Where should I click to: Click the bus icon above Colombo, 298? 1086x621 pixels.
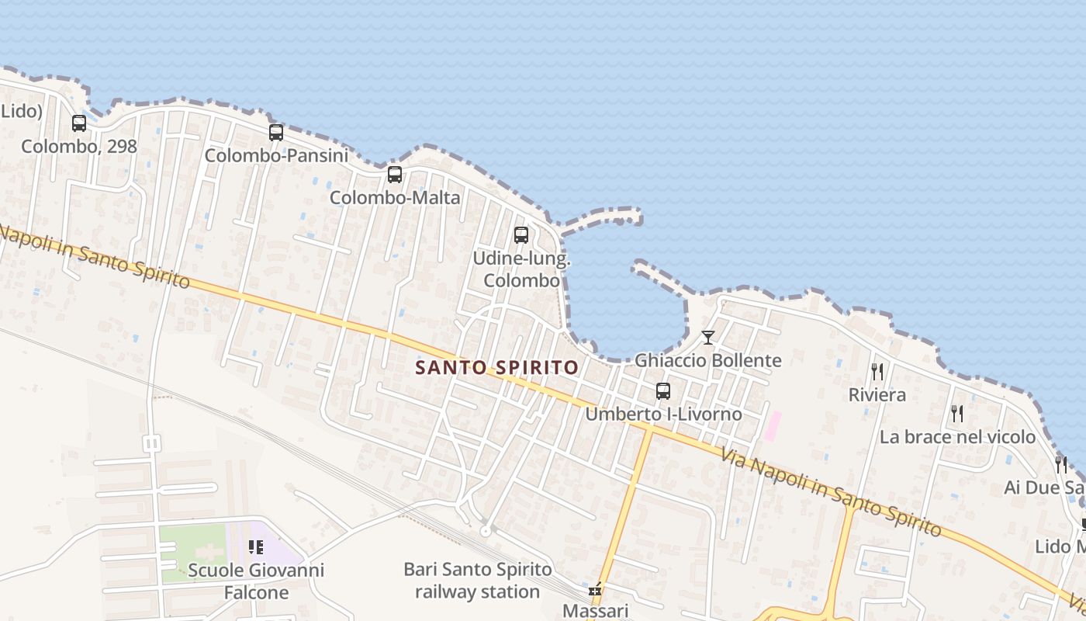(x=79, y=123)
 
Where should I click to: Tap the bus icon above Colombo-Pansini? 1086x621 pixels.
(x=276, y=133)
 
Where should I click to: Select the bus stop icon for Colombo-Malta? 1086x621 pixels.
(x=395, y=175)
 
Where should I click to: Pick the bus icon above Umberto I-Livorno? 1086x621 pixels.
(x=663, y=391)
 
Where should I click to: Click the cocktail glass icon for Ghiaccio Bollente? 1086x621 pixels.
(x=707, y=338)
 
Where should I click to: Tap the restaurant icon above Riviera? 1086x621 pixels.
(x=877, y=372)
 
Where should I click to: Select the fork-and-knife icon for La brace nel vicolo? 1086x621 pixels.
(x=957, y=414)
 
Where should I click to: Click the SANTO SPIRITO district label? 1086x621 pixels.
(x=497, y=367)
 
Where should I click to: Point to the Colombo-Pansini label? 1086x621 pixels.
(x=276, y=155)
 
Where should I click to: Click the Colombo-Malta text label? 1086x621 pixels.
(x=395, y=197)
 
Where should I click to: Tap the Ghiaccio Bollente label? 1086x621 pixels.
(x=707, y=360)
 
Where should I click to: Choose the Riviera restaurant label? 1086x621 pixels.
(x=877, y=394)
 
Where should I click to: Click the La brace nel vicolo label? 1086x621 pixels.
(x=957, y=436)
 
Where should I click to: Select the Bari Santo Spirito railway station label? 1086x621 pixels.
(x=477, y=581)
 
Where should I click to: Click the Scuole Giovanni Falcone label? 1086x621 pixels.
(x=256, y=581)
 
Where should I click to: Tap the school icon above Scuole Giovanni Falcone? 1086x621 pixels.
(x=256, y=547)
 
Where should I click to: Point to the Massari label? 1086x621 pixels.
(x=595, y=611)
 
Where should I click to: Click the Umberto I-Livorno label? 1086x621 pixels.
(x=663, y=414)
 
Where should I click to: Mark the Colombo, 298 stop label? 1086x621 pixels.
(x=79, y=146)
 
